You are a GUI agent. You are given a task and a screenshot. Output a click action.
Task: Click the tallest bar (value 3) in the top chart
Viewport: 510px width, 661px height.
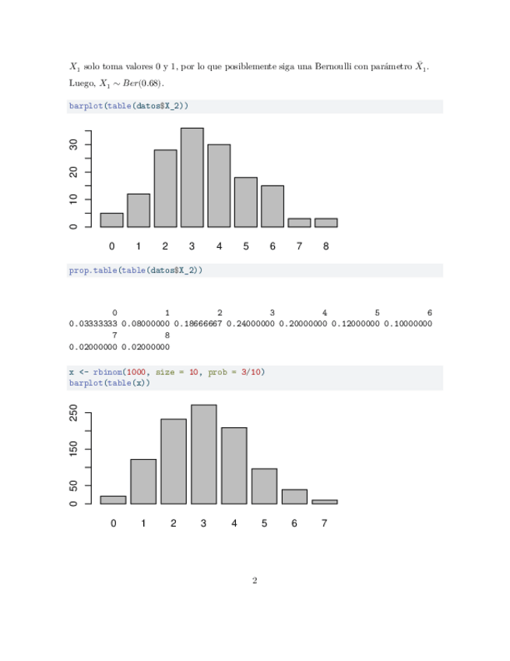click(192, 178)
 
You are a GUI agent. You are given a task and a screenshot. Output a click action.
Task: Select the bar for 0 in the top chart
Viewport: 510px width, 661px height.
click(111, 220)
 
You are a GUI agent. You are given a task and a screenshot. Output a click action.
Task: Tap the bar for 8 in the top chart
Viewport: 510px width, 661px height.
click(325, 223)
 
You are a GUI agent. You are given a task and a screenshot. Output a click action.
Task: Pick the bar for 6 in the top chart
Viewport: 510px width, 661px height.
click(272, 207)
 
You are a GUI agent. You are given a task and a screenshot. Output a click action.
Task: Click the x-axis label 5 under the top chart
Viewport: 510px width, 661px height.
click(245, 246)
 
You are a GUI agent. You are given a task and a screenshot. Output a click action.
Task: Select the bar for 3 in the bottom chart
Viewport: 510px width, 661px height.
click(203, 454)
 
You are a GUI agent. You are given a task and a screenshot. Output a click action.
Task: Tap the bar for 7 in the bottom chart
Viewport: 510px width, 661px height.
click(325, 502)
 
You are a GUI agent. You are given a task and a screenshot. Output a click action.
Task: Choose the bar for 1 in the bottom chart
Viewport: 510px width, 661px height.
click(143, 482)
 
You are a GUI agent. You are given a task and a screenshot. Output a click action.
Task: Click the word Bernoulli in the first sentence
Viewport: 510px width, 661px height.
click(337, 67)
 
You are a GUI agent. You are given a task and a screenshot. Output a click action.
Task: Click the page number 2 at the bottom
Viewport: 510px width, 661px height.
click(255, 580)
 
